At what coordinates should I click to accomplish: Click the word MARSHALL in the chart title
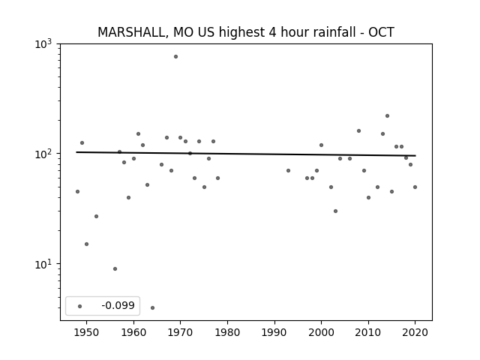132,32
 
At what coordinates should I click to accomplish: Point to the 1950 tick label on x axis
87,332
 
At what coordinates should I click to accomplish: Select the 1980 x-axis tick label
227,332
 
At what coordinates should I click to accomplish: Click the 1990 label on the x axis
274,332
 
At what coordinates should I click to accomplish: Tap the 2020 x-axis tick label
415,332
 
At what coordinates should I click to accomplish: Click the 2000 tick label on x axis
322,332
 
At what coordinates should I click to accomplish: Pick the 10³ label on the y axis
43,43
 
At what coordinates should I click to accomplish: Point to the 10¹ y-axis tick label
43,264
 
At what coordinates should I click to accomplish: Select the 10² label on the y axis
43,154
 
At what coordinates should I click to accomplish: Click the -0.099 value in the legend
118,305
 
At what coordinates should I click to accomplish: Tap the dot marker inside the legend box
80,306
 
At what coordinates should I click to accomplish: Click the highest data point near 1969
175,57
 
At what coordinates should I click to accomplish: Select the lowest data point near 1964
152,308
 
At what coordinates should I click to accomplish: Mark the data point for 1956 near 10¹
115,268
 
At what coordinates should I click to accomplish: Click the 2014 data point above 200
387,116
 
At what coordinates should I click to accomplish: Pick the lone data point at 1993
288,170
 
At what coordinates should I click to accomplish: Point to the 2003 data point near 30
335,211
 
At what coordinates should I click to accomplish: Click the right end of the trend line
415,155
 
